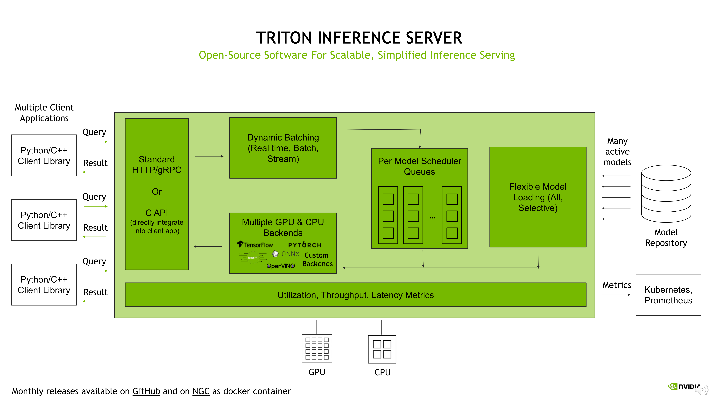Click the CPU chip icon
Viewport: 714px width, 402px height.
382,349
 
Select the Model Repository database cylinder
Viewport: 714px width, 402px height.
666,194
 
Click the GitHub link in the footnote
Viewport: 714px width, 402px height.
146,391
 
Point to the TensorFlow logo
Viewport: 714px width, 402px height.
255,245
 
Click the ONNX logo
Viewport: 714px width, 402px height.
286,254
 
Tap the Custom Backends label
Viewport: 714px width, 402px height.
317,259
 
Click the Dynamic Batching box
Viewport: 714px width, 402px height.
283,148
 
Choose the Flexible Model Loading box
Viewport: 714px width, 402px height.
538,197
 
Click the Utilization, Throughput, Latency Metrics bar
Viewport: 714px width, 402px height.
355,295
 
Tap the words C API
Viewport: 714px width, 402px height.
157,213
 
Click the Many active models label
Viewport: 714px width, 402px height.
617,151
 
